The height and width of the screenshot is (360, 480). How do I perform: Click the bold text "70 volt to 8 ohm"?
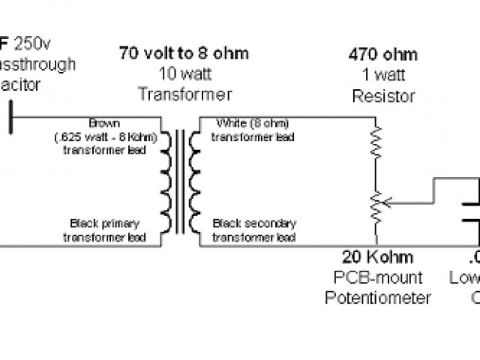coord(184,54)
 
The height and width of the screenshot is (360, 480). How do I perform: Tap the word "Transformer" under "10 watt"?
coord(184,94)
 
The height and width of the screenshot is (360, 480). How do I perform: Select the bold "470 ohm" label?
coord(382,55)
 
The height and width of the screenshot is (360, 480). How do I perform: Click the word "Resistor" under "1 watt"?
coord(382,96)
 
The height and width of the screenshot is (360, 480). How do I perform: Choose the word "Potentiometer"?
coord(378,298)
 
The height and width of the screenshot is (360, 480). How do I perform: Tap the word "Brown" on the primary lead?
coord(103,122)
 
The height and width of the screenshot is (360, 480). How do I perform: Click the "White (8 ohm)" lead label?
coord(253,122)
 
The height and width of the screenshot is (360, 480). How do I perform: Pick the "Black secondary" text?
coord(254,223)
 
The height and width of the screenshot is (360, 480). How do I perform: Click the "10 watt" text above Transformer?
coord(184,74)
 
